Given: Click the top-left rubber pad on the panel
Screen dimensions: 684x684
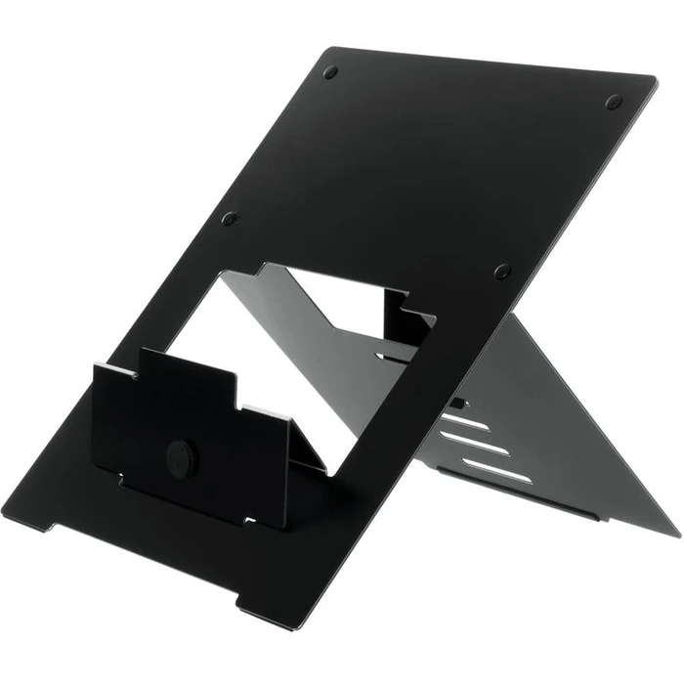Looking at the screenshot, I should pos(330,72).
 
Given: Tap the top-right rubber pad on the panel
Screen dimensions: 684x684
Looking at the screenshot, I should pos(613,101).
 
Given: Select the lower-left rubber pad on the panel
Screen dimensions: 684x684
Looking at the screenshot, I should pos(230,219).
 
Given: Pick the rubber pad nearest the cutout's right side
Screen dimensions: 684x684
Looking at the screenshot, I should pos(502,271).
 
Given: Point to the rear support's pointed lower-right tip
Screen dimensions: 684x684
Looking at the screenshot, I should pos(674,534).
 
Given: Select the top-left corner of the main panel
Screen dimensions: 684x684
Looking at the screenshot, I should pos(323,47).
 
